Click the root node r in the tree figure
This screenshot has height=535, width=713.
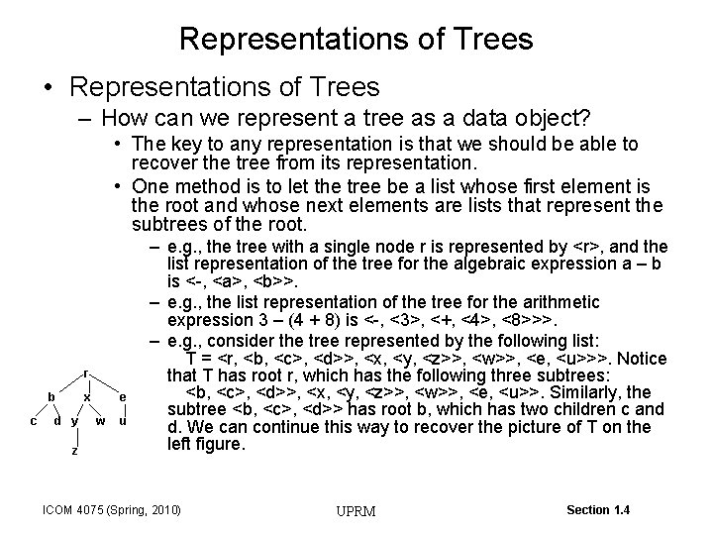(86, 374)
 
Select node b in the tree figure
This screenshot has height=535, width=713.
(51, 396)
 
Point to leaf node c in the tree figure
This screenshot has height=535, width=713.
(34, 420)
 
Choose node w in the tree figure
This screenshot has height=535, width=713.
(100, 420)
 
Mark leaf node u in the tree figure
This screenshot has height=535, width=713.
(122, 420)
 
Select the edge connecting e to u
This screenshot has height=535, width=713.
(122, 408)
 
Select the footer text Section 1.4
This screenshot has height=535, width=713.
(598, 509)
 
